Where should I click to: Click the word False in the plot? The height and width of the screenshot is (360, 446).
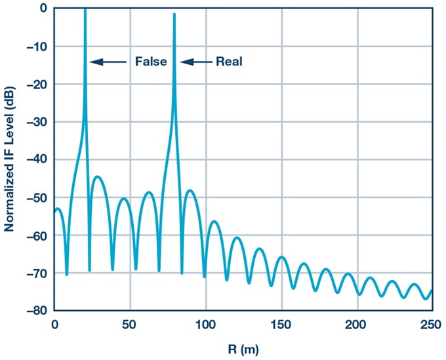[x=151, y=62]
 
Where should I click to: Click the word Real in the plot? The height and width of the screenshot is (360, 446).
[x=229, y=62]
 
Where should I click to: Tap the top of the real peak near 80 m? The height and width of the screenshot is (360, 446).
[x=174, y=15]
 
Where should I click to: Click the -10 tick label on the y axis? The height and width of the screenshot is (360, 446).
[x=37, y=47]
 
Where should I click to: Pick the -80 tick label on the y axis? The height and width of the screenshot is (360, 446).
[x=37, y=311]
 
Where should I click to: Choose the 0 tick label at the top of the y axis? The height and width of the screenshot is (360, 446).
[x=43, y=9]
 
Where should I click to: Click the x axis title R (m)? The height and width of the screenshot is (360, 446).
[x=243, y=350]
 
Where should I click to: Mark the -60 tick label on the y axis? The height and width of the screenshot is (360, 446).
[x=37, y=235]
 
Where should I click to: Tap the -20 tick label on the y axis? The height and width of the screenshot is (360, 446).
[x=37, y=85]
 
